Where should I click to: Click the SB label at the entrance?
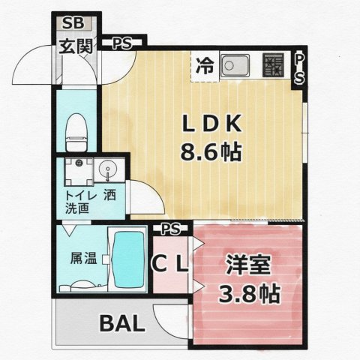coord(73,23)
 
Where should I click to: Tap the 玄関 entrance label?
coord(76,46)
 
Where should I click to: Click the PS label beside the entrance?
coord(121,43)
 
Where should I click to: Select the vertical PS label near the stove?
coord(299,69)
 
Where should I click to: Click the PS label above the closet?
coord(171,229)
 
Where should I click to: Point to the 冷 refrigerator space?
coord(205,67)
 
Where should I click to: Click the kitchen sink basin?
coord(235,65)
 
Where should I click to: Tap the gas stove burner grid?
coord(273,65)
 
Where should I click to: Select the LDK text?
coord(211,123)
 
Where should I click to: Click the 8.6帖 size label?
coord(211,152)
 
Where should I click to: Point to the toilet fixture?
coord(76,132)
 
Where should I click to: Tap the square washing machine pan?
coord(79,172)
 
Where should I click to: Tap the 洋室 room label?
coord(248,265)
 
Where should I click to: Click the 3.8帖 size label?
coord(249,293)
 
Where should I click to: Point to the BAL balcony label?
coord(122,323)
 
